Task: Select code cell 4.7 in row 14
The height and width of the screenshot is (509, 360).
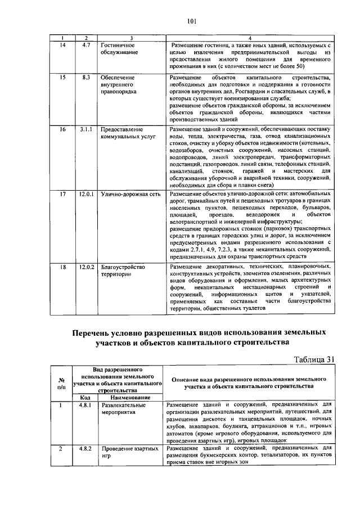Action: click(85, 43)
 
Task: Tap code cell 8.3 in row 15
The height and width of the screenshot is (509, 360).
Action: click(85, 76)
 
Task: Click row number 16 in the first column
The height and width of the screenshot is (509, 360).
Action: click(63, 129)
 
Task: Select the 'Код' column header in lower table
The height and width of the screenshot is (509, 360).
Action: click(85, 398)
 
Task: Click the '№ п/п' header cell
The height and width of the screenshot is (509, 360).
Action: click(61, 383)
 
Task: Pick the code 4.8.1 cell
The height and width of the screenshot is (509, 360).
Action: click(85, 404)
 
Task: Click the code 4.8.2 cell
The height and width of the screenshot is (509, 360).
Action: click(85, 448)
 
